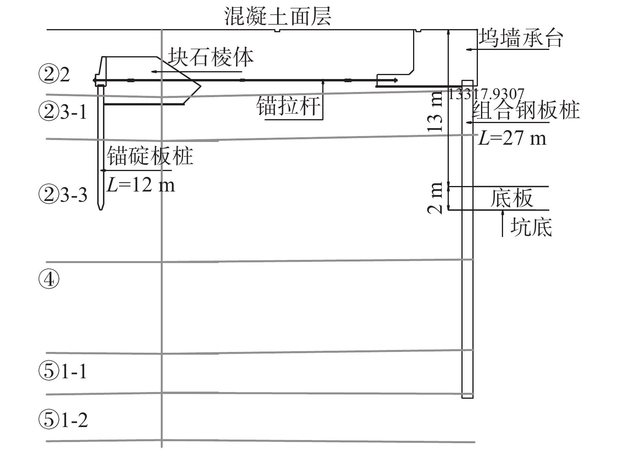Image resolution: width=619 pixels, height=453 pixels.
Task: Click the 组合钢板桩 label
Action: [x=526, y=110]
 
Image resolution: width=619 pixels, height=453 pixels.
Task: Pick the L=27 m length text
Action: [x=512, y=138]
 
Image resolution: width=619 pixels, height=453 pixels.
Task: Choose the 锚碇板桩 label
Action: [x=150, y=156]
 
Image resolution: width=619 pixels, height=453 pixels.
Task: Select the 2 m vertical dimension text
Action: [x=436, y=198]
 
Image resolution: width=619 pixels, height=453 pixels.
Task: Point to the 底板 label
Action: [x=511, y=198]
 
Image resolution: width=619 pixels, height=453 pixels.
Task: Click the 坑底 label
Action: [x=531, y=227]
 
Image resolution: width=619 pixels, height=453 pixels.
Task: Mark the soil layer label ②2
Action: [x=54, y=74]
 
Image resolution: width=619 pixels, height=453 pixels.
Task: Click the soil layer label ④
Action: [x=49, y=280]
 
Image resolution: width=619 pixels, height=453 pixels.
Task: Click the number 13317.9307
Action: [x=486, y=94]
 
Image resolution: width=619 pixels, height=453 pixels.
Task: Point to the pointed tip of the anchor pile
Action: [x=101, y=209]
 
